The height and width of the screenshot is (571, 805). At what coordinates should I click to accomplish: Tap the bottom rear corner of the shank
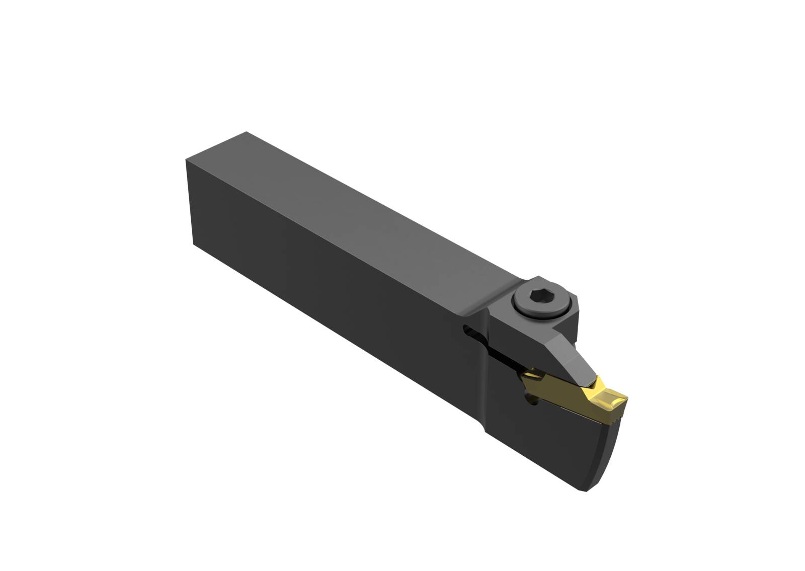point(194,244)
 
